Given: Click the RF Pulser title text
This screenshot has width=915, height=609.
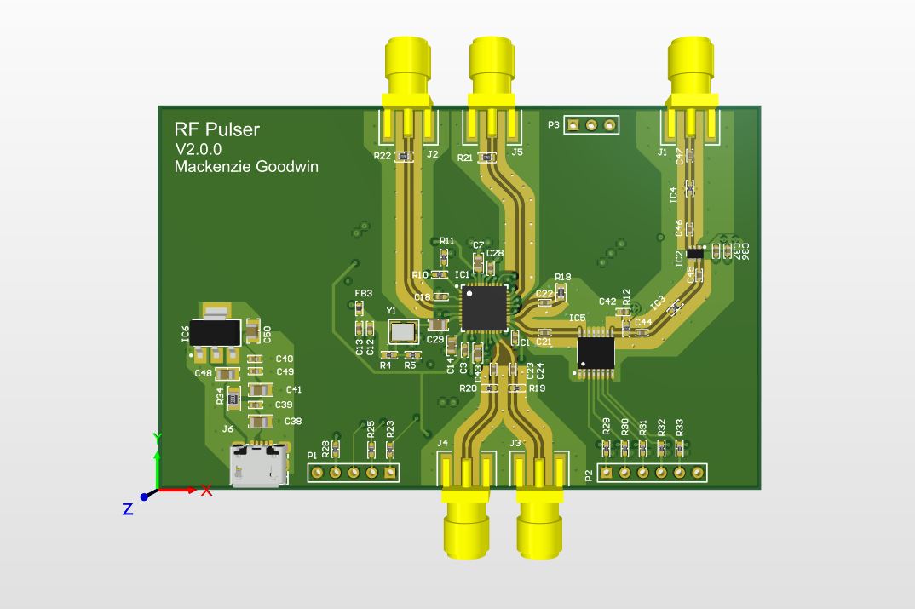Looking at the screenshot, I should coord(216,130).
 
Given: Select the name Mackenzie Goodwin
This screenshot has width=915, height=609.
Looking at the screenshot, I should coord(246,167).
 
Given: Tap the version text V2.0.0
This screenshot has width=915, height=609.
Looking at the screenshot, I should coord(199,149).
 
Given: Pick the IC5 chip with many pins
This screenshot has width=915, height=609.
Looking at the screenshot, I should coord(595,350).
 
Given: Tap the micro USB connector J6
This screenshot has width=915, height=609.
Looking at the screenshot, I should coord(257,467).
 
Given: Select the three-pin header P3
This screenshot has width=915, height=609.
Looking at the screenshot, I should coord(590,125).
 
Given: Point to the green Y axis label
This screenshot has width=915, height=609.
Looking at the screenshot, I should coord(157,438).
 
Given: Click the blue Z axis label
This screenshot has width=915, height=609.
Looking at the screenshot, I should coord(127,509).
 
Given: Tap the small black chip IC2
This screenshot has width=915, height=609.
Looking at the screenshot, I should coord(695,252).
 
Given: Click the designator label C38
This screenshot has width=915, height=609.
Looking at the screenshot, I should coord(293,421).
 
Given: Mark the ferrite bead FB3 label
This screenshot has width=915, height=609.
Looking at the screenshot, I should coord(364,293).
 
